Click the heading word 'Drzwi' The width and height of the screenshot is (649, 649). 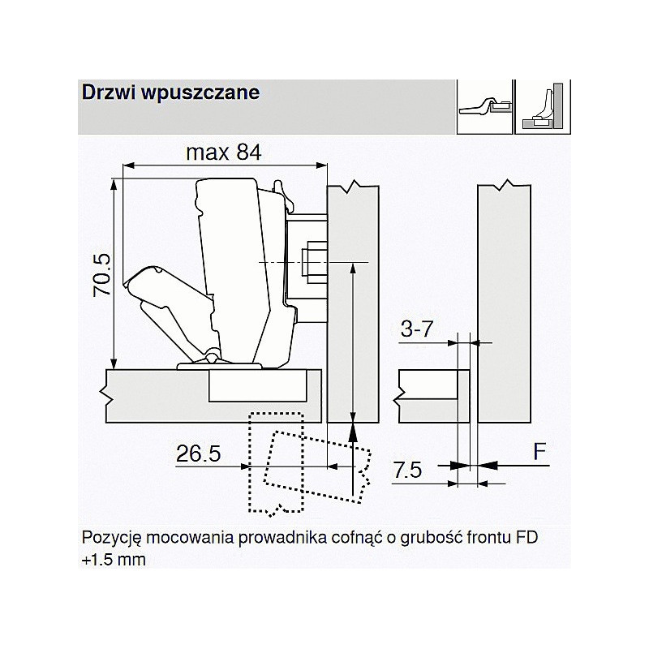pos(102,92)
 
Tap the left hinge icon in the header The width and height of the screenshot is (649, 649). pos(484,105)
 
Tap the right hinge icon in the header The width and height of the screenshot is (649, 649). pos(542,105)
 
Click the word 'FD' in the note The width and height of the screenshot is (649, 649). pos(527,538)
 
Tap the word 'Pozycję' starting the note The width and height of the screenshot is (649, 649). pos(109,539)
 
